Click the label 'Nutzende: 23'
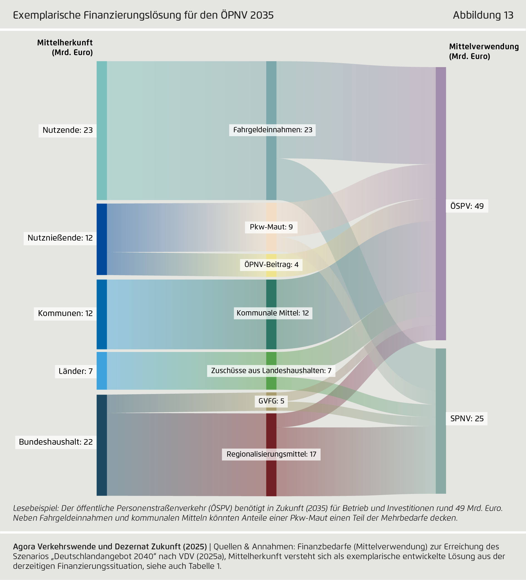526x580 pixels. [68, 130]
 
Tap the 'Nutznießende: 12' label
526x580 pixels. [60, 238]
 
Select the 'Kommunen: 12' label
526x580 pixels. [65, 313]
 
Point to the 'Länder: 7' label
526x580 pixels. [76, 371]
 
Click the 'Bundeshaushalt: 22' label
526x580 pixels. [56, 442]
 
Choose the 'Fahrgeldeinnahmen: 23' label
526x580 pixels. [272, 130]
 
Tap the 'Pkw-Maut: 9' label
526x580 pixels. [271, 227]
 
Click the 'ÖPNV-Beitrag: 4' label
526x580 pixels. [271, 265]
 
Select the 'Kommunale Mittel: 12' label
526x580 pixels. [273, 313]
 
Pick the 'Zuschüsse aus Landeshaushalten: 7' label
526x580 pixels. [271, 371]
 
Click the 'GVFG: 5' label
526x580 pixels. [271, 401]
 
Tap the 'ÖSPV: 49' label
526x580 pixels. [467, 206]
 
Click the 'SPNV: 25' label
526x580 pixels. [467, 419]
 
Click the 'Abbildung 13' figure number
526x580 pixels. [483, 15]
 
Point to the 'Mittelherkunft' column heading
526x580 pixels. [65, 43]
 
